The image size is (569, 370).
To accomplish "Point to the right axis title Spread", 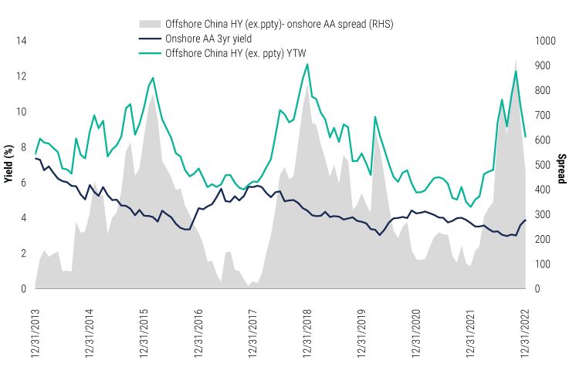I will point(561,165).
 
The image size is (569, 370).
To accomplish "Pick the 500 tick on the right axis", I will point(541,165).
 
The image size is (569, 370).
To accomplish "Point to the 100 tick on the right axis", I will point(541,264).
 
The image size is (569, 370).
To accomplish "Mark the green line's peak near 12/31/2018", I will point(307,64).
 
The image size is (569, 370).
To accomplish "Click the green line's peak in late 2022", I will point(516,71).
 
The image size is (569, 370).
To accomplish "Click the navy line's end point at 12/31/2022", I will point(526,220).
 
